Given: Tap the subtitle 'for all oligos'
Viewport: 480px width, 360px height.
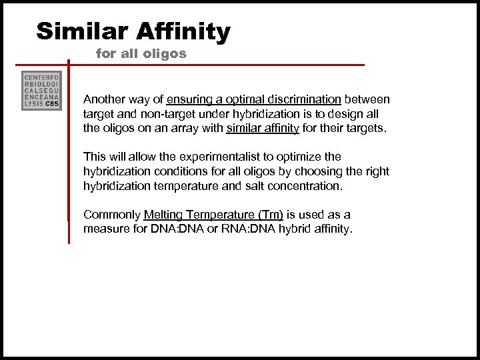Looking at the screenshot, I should (141, 53).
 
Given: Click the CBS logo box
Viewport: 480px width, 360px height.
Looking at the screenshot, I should (41, 90).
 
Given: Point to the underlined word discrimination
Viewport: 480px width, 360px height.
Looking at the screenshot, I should (303, 99).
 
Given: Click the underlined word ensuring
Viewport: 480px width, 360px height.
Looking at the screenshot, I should (189, 99).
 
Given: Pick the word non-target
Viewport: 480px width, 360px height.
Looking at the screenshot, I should (154, 114).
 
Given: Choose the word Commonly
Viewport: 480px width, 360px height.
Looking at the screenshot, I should (111, 215).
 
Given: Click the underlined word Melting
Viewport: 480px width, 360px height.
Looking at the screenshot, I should (164, 215).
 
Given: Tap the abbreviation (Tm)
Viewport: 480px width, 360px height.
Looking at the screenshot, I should (269, 215).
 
